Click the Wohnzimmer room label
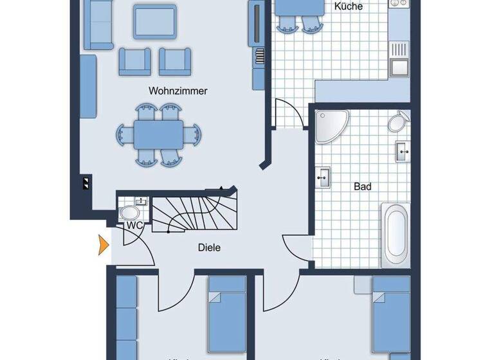click(178, 91)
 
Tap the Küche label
click(349, 7)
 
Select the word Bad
click(363, 187)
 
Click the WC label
click(134, 226)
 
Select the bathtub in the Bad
click(395, 235)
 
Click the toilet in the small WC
click(131, 213)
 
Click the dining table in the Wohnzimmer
click(159, 136)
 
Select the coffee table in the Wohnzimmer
click(155, 21)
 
